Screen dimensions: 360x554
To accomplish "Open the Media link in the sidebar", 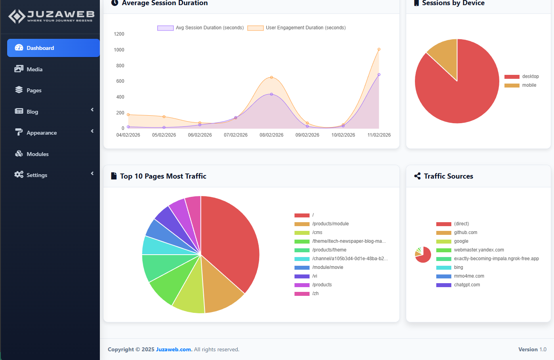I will tap(34, 69).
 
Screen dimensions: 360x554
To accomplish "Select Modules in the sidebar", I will tap(37, 154).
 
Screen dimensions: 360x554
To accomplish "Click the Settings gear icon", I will tap(19, 175).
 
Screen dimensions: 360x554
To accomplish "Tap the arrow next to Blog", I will tap(92, 110).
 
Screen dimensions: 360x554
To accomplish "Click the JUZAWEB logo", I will tap(51, 16).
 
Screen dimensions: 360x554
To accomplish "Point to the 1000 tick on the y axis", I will tap(119, 50).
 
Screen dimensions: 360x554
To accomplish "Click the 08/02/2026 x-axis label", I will tap(271, 135).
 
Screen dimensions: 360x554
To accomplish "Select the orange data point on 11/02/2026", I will tap(379, 50).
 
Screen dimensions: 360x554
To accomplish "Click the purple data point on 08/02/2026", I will tap(271, 94).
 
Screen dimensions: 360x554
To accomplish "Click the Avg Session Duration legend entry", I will tap(201, 28).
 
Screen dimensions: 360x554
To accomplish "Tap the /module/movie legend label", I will tap(327, 267).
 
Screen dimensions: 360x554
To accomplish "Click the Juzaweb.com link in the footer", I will tap(174, 349).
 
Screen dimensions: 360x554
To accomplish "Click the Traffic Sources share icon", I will tap(417, 176).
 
